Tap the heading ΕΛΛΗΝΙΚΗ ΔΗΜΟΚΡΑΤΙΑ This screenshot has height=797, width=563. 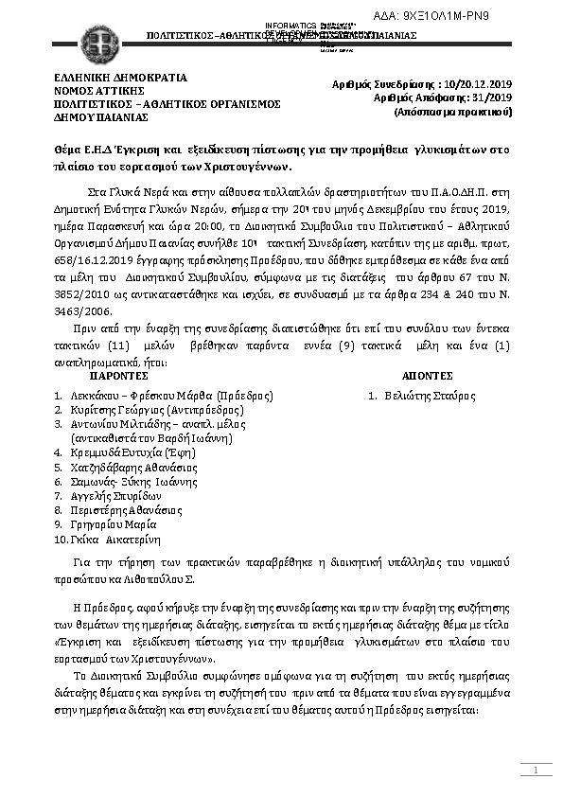pyautogui.click(x=120, y=78)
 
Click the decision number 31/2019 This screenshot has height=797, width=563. pyautogui.click(x=491, y=97)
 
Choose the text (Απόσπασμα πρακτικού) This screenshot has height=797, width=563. pyautogui.click(x=453, y=112)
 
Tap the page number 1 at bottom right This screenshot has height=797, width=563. pyautogui.click(x=535, y=772)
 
